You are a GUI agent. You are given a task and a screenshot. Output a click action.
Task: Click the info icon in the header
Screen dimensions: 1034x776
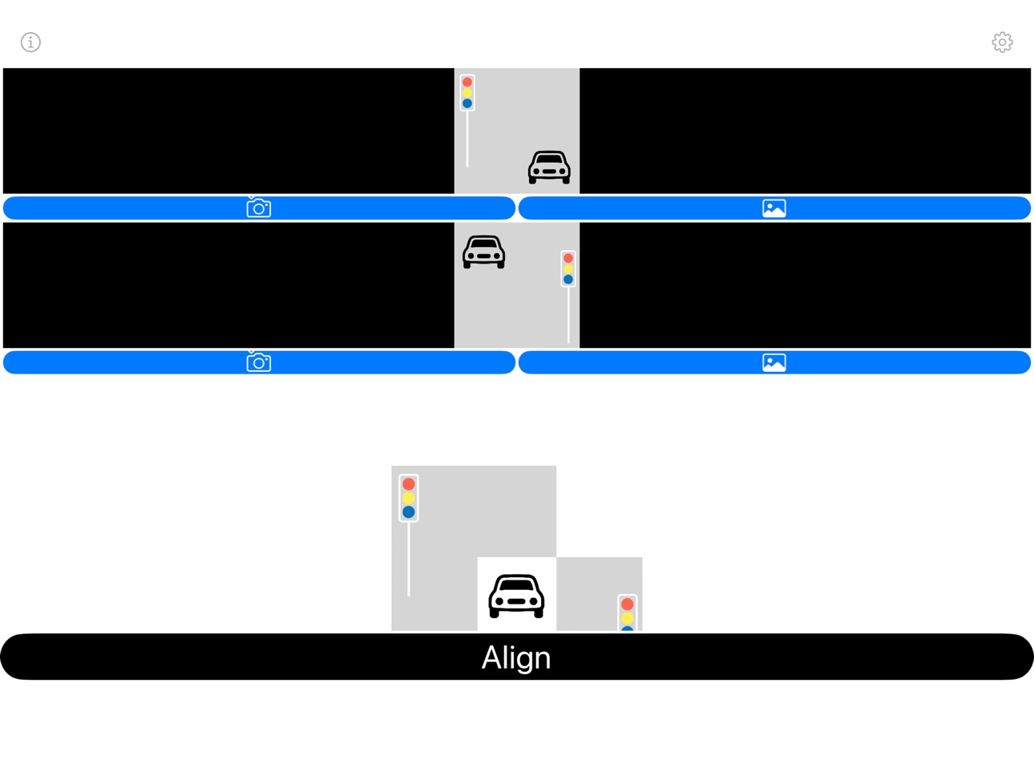pos(30,42)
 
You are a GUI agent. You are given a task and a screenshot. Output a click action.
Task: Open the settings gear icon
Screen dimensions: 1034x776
pos(1002,42)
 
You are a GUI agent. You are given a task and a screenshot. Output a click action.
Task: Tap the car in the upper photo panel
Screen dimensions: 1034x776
pos(549,168)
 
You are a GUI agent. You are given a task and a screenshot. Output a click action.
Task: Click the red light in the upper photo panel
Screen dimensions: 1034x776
pos(467,82)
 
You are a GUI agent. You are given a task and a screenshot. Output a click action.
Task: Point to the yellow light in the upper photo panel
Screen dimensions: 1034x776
pos(467,92)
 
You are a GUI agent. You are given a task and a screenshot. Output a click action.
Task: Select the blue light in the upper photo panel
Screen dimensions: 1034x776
pos(467,103)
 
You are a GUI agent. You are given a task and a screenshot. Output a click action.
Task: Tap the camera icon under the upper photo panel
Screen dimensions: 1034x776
pos(259,208)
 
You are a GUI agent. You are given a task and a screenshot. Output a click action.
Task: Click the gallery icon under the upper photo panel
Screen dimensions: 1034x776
pos(774,208)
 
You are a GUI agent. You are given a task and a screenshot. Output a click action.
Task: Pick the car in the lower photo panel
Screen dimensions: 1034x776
pos(484,252)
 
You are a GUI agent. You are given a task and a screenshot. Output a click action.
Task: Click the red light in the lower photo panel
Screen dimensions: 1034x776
pos(568,258)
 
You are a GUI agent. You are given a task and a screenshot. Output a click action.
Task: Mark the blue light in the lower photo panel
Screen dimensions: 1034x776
pos(568,280)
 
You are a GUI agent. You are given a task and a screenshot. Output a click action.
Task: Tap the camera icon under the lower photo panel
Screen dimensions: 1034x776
pos(259,362)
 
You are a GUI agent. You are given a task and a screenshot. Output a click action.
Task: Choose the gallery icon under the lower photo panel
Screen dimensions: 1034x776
pos(774,363)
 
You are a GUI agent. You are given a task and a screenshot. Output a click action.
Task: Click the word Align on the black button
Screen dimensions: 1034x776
pos(516,658)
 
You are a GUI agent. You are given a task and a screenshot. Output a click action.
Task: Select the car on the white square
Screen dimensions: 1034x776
pos(516,596)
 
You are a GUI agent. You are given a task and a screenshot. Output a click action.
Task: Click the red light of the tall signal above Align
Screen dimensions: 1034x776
pos(409,484)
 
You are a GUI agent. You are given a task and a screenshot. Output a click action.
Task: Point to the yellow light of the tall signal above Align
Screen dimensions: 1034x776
pos(409,498)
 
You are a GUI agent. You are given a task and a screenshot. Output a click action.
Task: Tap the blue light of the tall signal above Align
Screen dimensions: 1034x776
pos(409,512)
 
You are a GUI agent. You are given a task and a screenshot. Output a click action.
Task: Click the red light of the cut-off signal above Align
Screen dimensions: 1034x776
pos(627,604)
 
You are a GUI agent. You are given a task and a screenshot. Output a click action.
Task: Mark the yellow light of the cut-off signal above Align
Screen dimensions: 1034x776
pos(627,618)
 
